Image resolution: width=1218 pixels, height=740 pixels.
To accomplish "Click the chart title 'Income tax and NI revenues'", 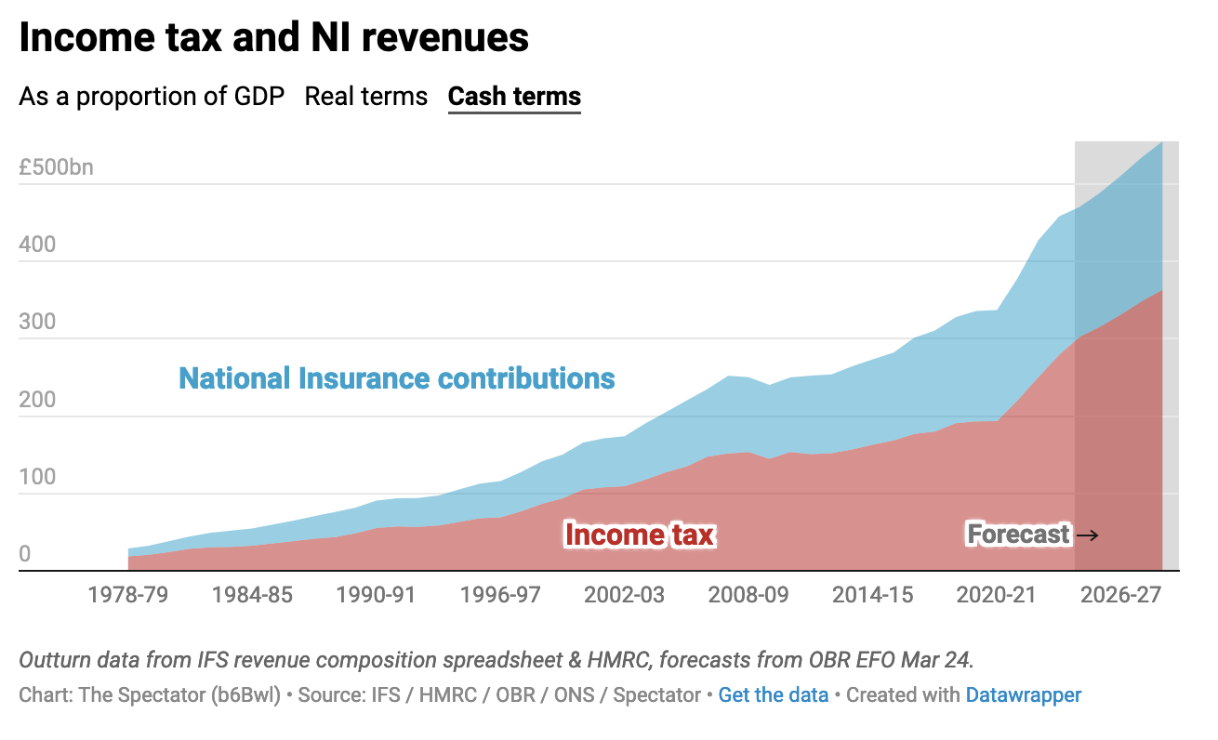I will click(x=273, y=38).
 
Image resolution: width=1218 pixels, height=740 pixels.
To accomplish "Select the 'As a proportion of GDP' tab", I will click(x=152, y=97).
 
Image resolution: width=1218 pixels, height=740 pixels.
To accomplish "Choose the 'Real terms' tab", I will click(x=366, y=97).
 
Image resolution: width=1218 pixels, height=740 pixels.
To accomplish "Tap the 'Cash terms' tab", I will click(x=514, y=97).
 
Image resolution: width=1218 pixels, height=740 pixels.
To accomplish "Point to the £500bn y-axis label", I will click(x=56, y=168).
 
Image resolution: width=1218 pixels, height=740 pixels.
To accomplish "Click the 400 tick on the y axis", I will click(x=37, y=245).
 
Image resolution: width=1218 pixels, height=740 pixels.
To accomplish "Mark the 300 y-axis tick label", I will click(x=37, y=323).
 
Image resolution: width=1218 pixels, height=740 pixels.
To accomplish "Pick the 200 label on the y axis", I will click(x=37, y=401).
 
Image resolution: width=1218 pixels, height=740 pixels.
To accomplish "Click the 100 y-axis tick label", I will click(x=37, y=478).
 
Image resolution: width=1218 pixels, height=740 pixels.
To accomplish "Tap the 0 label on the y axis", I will click(x=25, y=555).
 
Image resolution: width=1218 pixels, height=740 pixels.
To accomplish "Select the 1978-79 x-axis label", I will click(x=128, y=595).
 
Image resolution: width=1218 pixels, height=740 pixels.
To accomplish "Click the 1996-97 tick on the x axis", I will click(x=500, y=595).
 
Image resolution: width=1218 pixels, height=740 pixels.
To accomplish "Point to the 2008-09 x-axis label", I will click(x=748, y=595).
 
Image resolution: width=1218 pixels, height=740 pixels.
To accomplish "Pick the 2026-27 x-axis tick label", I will click(x=1120, y=595).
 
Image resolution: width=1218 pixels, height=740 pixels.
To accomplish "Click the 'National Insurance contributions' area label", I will click(x=397, y=378).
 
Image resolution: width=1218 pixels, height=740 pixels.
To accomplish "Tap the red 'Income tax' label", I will click(x=640, y=535).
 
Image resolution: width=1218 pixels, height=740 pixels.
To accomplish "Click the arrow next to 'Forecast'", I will click(x=1087, y=535).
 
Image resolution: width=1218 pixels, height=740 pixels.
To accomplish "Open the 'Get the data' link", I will click(x=773, y=694).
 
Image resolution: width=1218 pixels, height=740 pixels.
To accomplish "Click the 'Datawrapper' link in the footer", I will click(x=1023, y=694).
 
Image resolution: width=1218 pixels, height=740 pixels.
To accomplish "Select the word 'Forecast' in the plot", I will click(x=1018, y=535).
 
